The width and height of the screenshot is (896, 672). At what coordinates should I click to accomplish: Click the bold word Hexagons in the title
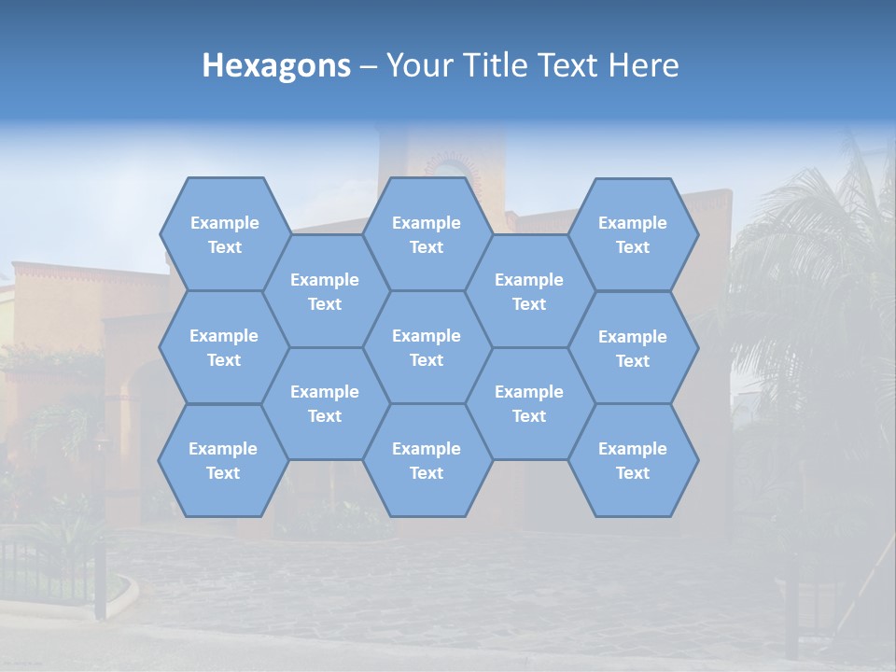click(x=276, y=65)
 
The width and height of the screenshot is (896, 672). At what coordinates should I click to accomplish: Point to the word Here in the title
click(x=644, y=65)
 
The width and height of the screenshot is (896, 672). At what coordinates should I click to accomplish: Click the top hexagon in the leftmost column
click(x=224, y=234)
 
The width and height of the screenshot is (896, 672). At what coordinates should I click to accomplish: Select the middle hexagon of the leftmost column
click(x=224, y=347)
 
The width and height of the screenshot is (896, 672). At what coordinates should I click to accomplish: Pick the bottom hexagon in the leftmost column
click(x=223, y=460)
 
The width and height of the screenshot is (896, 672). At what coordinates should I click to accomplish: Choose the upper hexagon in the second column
click(x=325, y=291)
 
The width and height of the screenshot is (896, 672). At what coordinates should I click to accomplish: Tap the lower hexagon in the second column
click(x=325, y=403)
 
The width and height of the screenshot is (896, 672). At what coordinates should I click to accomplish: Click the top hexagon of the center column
click(x=427, y=234)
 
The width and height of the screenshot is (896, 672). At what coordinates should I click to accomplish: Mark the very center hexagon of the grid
click(x=427, y=347)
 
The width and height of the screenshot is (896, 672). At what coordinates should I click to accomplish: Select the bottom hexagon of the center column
click(x=427, y=460)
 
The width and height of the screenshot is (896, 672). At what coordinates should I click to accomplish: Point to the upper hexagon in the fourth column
click(x=529, y=291)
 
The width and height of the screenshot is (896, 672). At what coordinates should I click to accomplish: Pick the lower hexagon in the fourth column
click(x=529, y=403)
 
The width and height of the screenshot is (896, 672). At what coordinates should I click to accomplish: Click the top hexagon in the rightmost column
click(x=633, y=234)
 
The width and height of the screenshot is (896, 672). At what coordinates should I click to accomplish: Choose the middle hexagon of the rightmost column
click(x=633, y=348)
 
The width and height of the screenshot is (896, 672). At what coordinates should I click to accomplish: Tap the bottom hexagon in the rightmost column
click(x=633, y=460)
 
